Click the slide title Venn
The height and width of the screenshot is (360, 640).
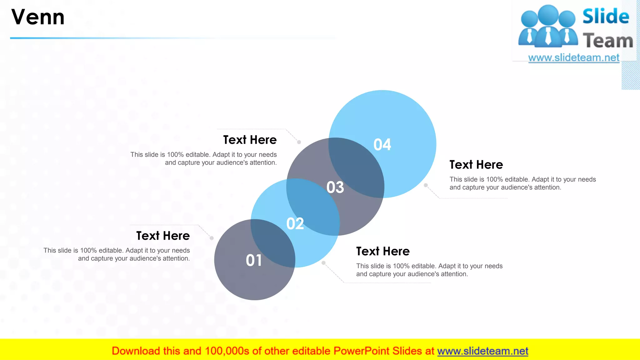point(38,17)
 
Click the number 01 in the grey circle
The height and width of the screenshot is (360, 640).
point(254,260)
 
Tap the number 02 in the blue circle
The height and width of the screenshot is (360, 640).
point(295,224)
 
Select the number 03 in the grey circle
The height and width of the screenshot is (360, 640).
point(335,187)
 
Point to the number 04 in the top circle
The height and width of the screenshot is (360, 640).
point(382,145)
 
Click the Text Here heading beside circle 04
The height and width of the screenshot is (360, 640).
point(476,165)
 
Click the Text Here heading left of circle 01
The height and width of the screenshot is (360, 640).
point(163,236)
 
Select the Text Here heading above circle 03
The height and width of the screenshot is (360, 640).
point(250,140)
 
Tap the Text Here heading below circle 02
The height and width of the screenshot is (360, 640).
point(383,251)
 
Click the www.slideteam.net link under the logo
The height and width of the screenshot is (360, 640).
point(573,58)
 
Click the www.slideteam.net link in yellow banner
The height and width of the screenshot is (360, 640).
point(482,351)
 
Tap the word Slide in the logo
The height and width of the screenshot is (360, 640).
point(606,16)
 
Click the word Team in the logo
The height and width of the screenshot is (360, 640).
point(608,41)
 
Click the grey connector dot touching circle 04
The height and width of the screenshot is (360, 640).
point(426,185)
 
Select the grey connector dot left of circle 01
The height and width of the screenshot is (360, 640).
point(212,238)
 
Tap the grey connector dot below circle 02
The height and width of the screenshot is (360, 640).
point(323,263)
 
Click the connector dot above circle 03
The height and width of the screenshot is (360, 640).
point(299,142)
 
